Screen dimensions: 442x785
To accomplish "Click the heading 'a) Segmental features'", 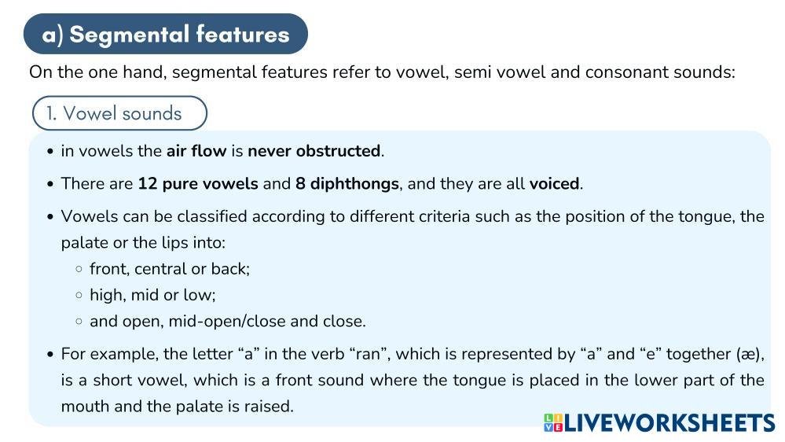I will coord(165,35).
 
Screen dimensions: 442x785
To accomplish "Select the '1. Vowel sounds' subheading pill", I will coord(119,113).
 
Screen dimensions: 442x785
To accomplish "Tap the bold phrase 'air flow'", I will coord(196,151).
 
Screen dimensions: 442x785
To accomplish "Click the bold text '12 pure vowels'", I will coord(197,184).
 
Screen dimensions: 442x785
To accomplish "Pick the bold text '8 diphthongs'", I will coord(347,184).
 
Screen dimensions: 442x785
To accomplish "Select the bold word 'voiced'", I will coord(554,184).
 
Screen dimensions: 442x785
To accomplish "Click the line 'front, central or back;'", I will coord(170,269).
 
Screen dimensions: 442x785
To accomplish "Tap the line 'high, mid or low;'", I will coord(152,295).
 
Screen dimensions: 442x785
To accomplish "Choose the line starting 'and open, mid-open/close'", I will coord(228,321).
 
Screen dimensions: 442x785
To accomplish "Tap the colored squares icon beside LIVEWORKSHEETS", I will coord(553,423).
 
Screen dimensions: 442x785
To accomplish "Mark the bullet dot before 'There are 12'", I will coord(50,184).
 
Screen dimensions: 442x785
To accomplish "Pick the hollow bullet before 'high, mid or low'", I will coord(79,296).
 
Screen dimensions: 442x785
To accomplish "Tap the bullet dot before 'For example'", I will coord(50,355).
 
